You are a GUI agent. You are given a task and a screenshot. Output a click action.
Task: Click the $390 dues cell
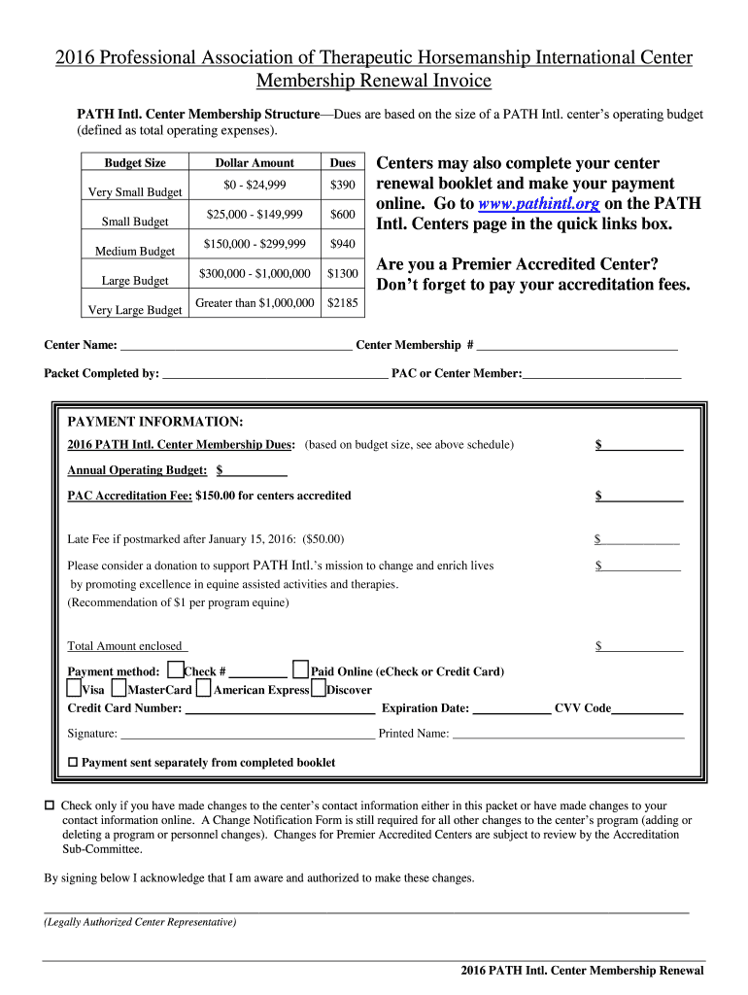coord(342,185)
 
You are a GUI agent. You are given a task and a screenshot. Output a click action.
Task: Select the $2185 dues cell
coord(342,303)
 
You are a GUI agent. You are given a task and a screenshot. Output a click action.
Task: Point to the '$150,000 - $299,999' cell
coord(255,244)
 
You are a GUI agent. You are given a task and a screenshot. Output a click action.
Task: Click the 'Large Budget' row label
coord(135,281)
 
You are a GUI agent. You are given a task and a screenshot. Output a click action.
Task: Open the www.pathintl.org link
coord(538,204)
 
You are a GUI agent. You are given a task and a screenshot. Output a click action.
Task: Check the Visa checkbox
coord(75,689)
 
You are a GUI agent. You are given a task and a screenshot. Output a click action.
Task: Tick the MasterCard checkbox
coord(119,689)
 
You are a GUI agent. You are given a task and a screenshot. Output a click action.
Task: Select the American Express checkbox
coord(203,689)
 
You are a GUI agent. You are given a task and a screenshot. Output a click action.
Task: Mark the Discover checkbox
coord(319,689)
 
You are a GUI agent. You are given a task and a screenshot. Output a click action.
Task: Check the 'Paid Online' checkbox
coord(301,669)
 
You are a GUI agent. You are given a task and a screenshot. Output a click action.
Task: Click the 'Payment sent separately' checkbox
coord(73,763)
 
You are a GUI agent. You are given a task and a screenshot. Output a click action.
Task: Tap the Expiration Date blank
coord(511,709)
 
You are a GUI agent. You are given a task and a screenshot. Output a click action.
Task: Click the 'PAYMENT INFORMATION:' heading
coord(154,422)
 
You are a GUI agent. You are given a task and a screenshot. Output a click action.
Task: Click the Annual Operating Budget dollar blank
coord(255,471)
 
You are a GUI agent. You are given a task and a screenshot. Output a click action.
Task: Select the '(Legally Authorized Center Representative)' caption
coord(140,922)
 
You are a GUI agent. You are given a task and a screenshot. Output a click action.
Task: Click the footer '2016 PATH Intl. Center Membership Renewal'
coord(582,971)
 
